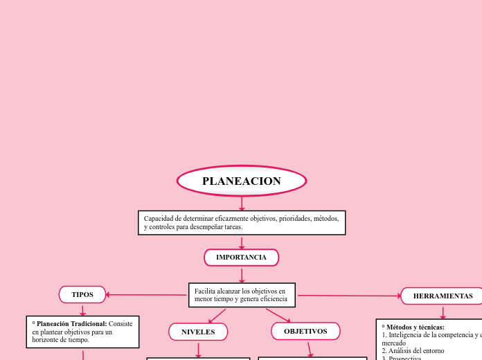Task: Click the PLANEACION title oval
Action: (x=242, y=181)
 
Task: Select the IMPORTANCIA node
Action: (x=241, y=258)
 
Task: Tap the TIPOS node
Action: (x=82, y=295)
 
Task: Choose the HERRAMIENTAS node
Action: (x=443, y=296)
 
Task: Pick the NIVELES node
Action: (x=198, y=332)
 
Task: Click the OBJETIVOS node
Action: (x=305, y=331)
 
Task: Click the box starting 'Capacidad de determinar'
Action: (x=242, y=223)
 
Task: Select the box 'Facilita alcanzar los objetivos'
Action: (x=242, y=295)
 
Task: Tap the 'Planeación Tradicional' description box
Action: (x=82, y=332)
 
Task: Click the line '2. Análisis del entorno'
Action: (x=413, y=351)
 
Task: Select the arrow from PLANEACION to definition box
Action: (x=242, y=204)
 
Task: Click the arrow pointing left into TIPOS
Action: (x=145, y=295)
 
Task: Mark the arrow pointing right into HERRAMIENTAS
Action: (x=350, y=296)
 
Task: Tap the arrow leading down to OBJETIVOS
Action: (x=278, y=315)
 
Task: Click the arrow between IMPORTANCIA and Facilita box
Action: (x=242, y=274)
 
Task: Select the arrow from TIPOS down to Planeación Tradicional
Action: (x=82, y=310)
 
